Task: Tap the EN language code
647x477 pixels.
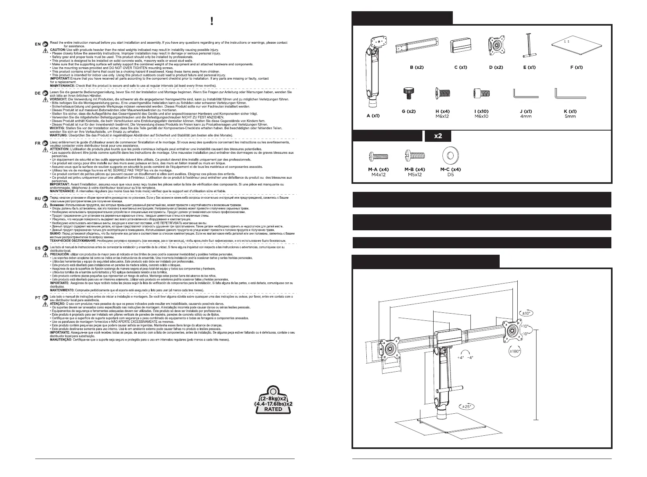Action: [37, 43]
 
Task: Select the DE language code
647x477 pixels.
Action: [37, 93]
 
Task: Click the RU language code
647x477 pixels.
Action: [37, 199]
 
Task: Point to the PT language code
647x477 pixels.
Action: [37, 298]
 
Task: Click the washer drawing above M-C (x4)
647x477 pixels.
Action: [450, 155]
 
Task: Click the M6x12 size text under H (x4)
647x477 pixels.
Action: [442, 117]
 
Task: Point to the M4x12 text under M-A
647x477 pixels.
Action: [378, 175]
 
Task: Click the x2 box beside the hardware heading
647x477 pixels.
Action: [438, 136]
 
